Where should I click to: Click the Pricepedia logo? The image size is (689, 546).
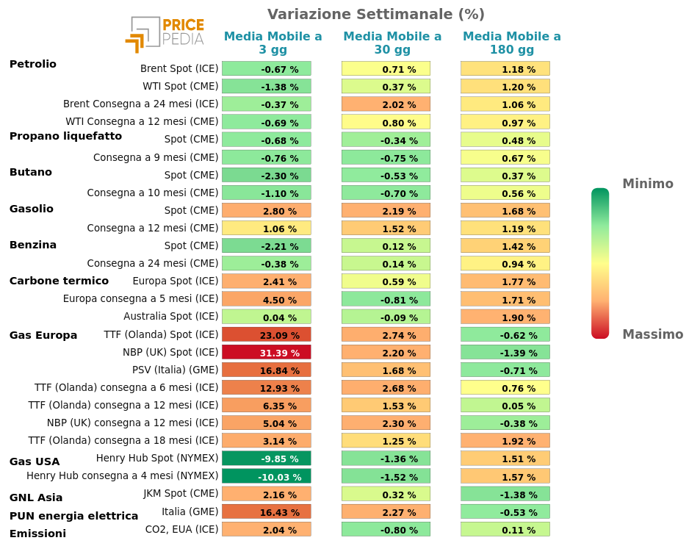(x=165, y=34)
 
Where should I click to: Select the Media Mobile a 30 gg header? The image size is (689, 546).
(x=392, y=43)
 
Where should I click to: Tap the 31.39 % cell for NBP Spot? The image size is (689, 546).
(x=267, y=353)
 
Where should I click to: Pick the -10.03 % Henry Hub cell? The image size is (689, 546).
(x=267, y=476)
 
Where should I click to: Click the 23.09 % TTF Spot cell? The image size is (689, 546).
(x=267, y=335)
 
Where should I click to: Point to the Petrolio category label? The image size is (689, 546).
(x=32, y=64)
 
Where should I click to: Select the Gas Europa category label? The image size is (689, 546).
(x=43, y=335)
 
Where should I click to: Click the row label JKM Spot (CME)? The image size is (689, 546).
(x=181, y=493)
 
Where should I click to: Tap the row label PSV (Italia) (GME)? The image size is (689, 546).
(x=175, y=370)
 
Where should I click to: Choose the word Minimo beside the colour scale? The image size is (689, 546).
(x=647, y=184)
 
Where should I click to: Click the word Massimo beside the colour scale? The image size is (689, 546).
(x=652, y=334)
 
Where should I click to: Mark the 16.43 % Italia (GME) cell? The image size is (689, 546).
(x=267, y=511)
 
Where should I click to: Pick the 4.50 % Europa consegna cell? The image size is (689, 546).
(x=267, y=299)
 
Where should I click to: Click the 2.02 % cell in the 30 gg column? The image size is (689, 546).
(x=386, y=104)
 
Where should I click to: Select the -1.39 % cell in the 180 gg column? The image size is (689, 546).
(x=505, y=353)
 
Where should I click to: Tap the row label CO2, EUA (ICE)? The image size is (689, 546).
(x=181, y=528)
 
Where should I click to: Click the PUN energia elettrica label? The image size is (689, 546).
(x=73, y=516)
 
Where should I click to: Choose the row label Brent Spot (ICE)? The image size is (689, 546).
(x=179, y=68)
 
